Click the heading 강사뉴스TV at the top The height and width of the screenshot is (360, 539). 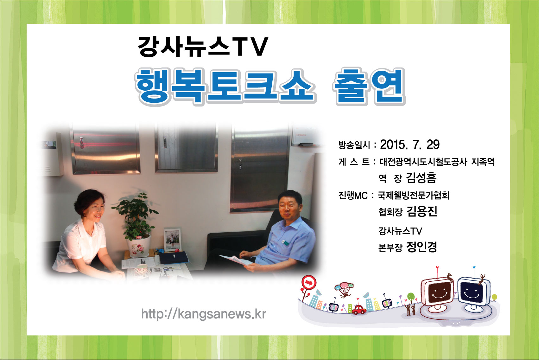click(x=203, y=47)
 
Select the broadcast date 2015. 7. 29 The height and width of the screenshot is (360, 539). click(x=410, y=145)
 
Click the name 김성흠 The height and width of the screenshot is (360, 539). click(x=421, y=178)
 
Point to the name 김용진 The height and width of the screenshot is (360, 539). click(x=422, y=211)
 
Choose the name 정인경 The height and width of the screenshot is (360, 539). click(x=422, y=247)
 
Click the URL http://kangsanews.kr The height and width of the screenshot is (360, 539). click(x=204, y=314)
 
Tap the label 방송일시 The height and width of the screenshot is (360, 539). click(x=354, y=145)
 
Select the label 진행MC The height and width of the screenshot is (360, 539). click(x=353, y=196)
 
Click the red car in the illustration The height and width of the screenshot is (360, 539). click(x=359, y=310)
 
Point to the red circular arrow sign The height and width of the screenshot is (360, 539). click(x=309, y=282)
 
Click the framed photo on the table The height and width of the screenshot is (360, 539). click(x=172, y=240)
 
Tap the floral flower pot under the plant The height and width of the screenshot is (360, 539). click(x=139, y=246)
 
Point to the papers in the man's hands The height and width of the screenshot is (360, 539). click(x=236, y=260)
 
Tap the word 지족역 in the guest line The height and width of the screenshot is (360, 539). click(x=483, y=162)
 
